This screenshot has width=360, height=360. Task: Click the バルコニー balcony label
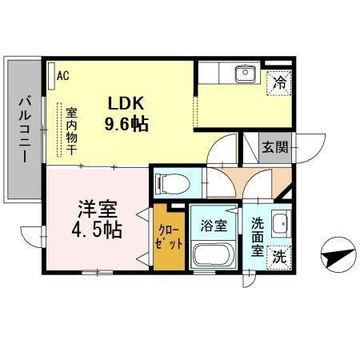[x=24, y=128]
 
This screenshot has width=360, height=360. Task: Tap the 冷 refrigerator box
[x=278, y=81]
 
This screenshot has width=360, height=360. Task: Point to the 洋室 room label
[x=97, y=210]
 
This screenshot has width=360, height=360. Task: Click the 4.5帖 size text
[x=97, y=231]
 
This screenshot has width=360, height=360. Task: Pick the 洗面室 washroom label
[x=257, y=236]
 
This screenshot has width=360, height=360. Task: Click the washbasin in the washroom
[x=278, y=223]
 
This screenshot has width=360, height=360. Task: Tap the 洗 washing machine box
[x=278, y=257]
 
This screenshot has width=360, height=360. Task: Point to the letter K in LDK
[x=142, y=104]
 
